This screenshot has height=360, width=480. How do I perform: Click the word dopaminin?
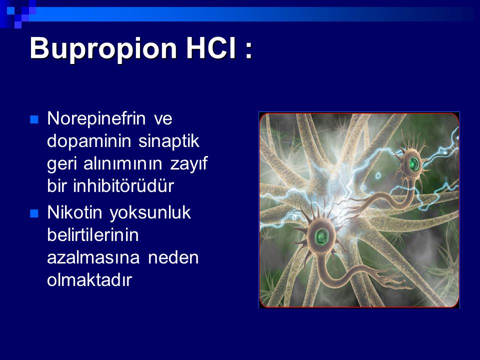(x=89, y=141)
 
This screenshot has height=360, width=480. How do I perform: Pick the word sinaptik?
(x=169, y=141)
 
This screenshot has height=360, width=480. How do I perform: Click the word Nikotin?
(x=74, y=212)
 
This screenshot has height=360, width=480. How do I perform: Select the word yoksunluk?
(x=150, y=213)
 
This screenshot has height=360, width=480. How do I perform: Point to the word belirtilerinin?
(x=93, y=235)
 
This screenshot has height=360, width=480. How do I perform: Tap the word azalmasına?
(x=93, y=258)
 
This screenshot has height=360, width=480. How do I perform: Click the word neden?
(x=173, y=258)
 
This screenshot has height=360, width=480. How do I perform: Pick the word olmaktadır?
(x=89, y=280)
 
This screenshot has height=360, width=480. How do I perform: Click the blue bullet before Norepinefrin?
(x=34, y=119)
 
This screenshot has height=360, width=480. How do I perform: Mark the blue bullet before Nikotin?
(x=34, y=213)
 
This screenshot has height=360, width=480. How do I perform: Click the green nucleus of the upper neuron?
(x=413, y=164)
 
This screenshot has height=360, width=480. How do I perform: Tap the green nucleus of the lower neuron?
(x=321, y=236)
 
